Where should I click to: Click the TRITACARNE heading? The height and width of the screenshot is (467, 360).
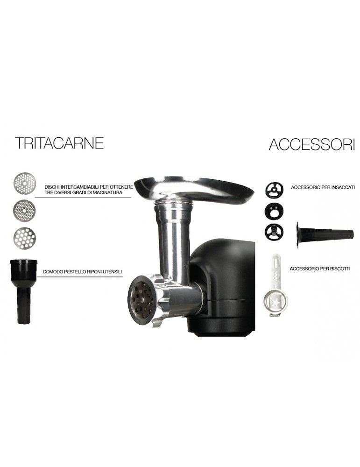(59, 143)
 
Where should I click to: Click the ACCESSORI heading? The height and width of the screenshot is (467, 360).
(311, 145)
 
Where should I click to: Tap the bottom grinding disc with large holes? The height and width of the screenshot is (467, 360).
(24, 238)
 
